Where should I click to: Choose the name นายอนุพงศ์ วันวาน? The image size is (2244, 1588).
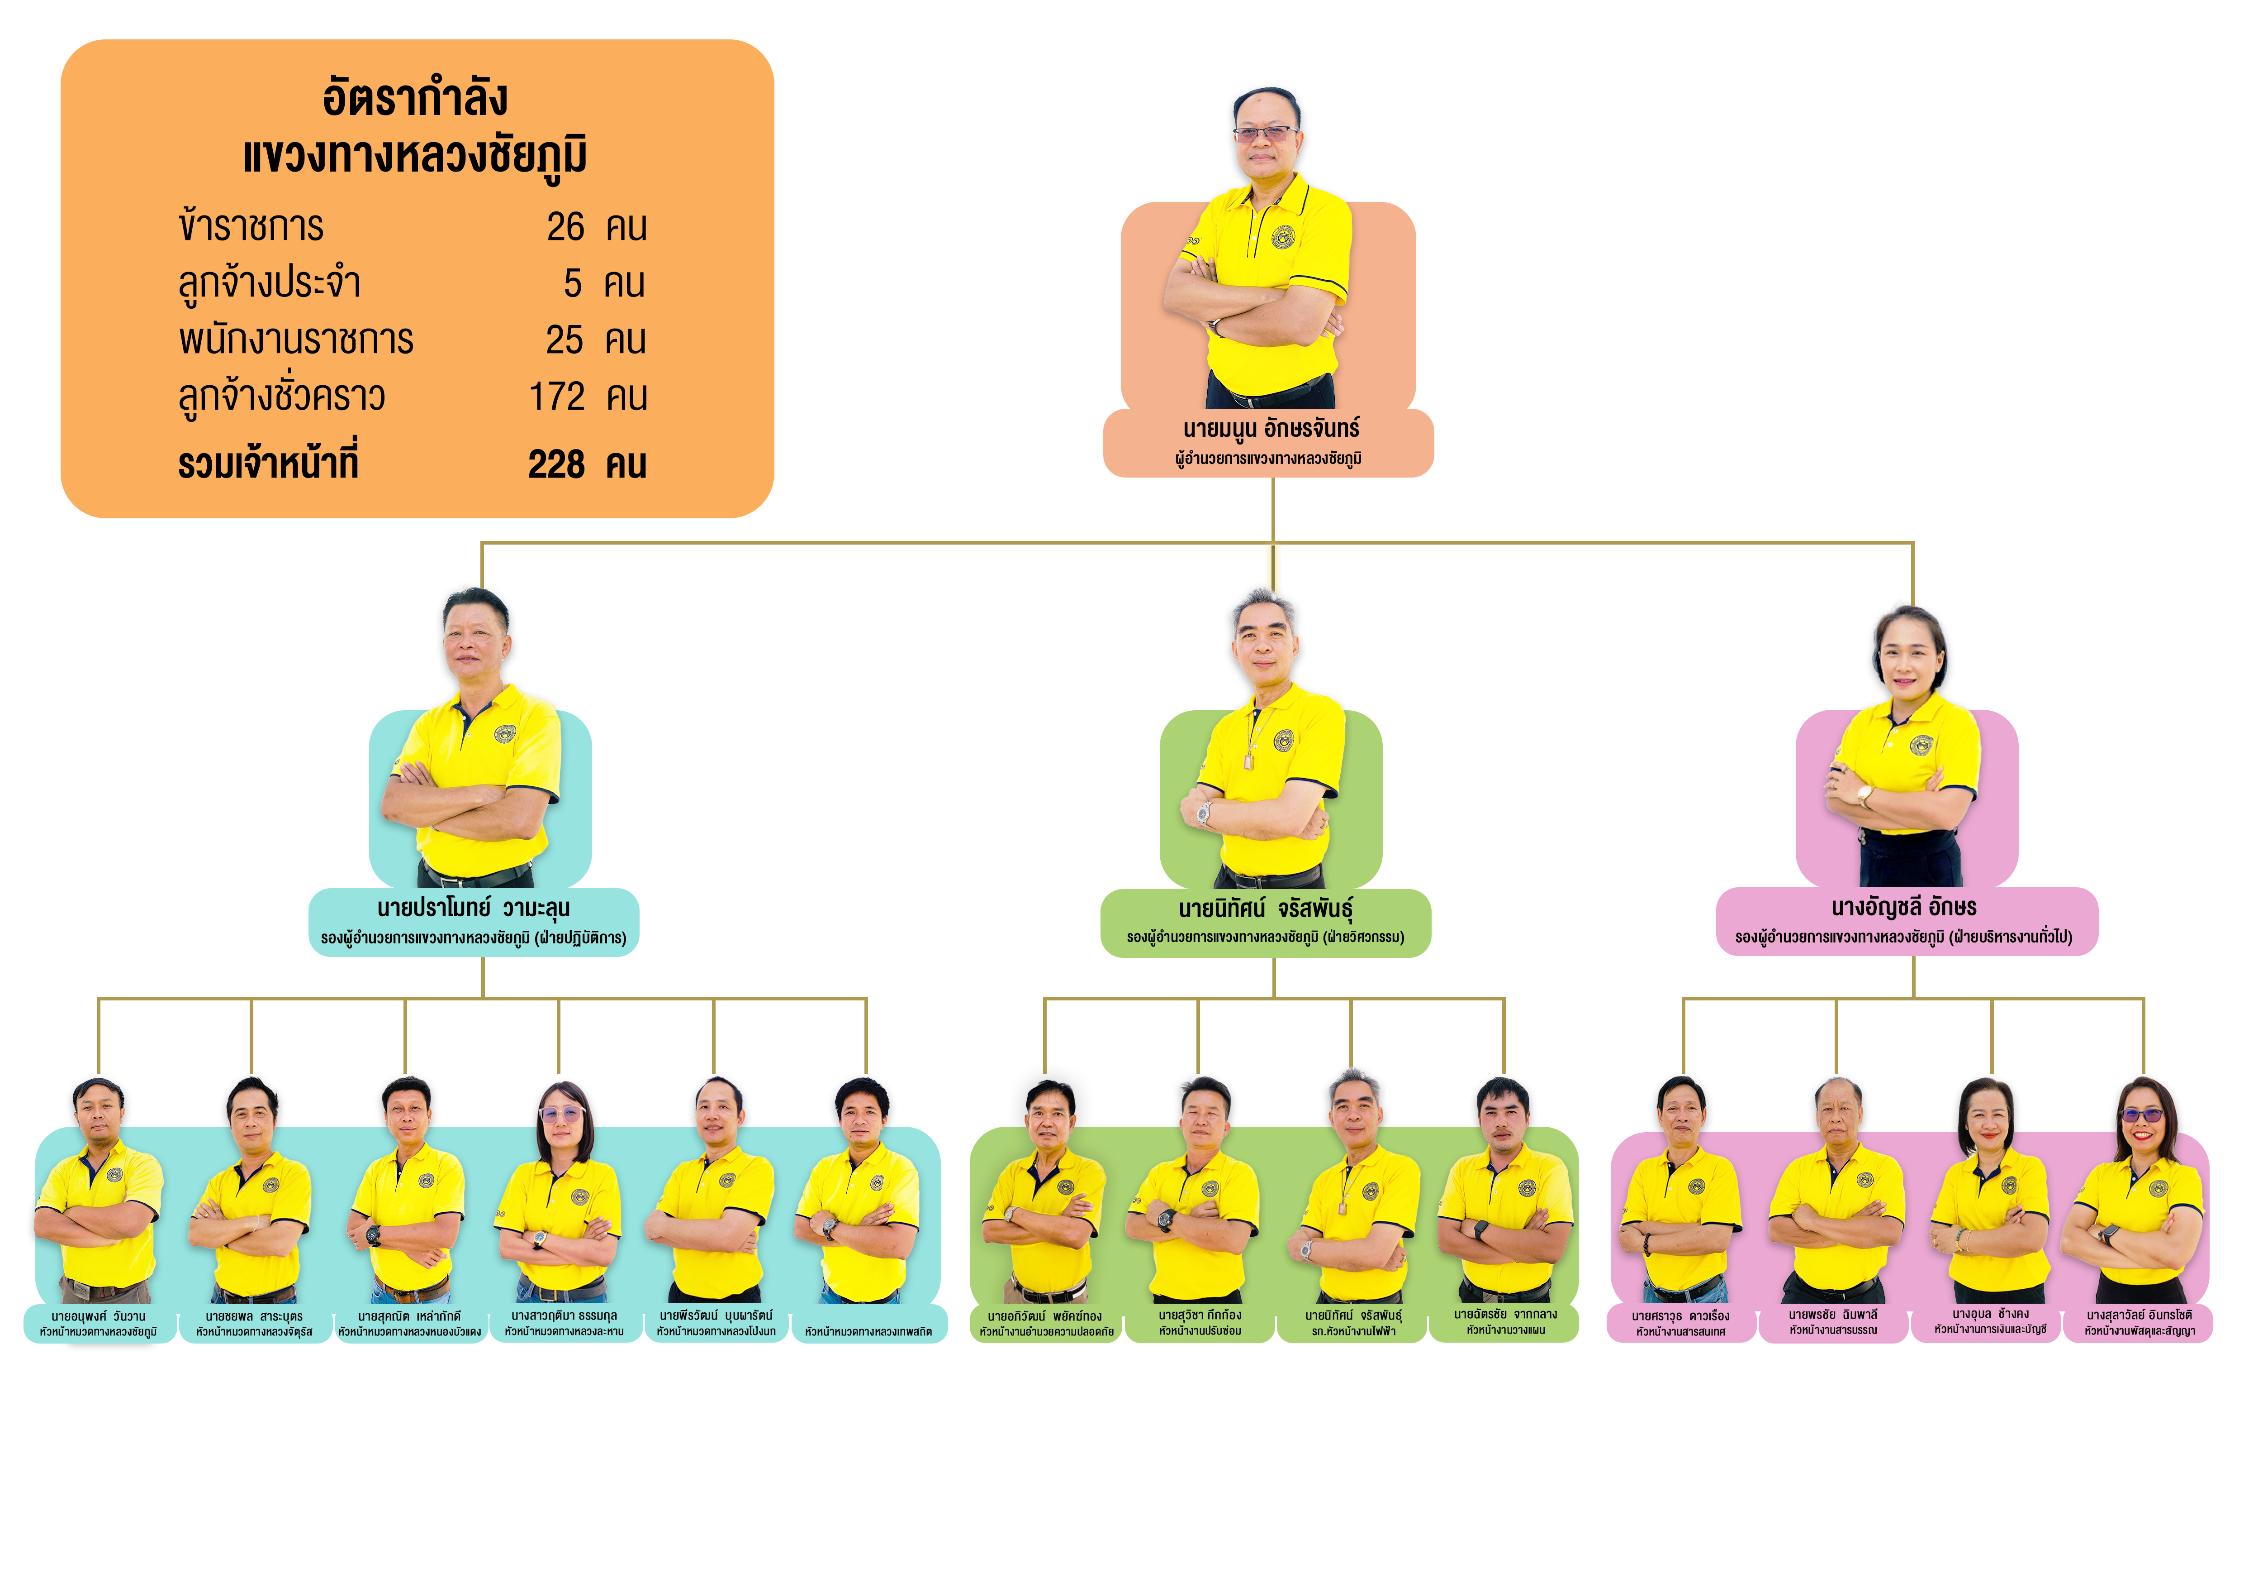click(99, 1316)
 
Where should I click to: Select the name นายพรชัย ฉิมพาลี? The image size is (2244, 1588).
click(1834, 1315)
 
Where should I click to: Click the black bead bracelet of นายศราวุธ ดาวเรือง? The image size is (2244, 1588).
click(1647, 1244)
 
